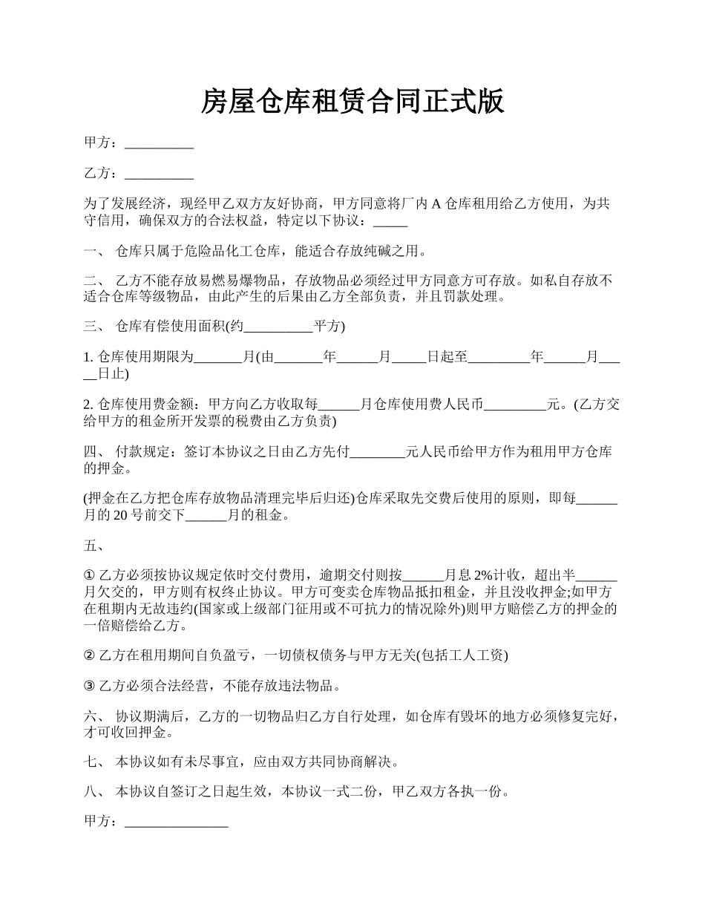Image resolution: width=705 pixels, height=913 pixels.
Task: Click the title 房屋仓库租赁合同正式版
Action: click(x=352, y=102)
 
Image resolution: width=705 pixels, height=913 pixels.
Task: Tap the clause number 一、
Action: click(x=94, y=252)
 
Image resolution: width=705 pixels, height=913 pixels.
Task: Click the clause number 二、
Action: click(x=94, y=281)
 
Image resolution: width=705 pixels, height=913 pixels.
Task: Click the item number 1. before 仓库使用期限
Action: click(x=89, y=357)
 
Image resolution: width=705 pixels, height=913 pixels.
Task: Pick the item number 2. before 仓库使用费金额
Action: click(x=89, y=405)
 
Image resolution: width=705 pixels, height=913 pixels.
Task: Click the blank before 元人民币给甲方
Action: click(x=378, y=452)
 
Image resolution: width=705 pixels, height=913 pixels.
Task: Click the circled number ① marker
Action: click(x=90, y=575)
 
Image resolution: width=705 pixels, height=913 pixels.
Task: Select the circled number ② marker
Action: click(x=90, y=655)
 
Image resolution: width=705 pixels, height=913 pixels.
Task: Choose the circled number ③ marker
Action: click(x=90, y=686)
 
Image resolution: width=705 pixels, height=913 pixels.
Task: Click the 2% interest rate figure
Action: click(x=484, y=575)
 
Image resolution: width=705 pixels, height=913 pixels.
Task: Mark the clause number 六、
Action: click(x=94, y=717)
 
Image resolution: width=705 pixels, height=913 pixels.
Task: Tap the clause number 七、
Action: click(x=94, y=762)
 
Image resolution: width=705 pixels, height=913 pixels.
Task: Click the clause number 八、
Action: click(x=94, y=792)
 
